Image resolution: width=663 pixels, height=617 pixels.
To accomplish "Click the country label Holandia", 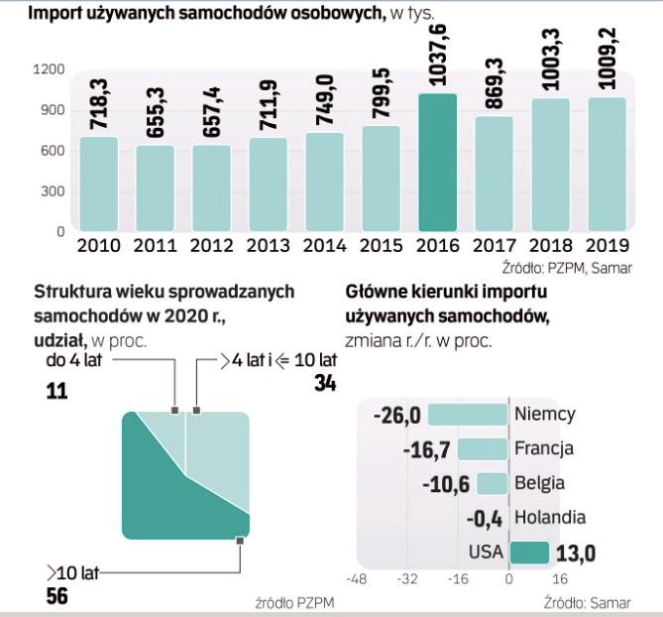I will click(550, 517).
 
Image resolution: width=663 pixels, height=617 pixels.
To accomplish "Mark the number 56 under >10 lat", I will click(56, 596).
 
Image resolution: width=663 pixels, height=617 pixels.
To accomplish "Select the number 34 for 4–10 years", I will click(325, 384).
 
